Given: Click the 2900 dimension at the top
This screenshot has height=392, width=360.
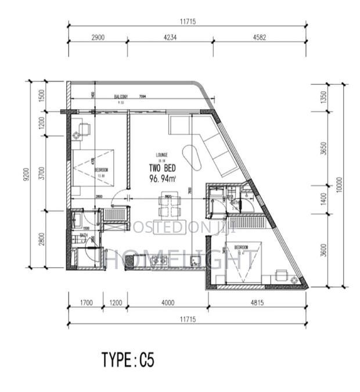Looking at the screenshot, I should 98,38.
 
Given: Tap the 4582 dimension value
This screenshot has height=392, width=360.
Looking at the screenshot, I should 260,38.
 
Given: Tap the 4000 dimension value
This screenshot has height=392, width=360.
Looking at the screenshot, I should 168,303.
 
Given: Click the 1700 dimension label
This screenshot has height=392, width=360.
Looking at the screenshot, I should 85,303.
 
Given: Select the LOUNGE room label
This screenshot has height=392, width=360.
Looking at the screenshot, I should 162,154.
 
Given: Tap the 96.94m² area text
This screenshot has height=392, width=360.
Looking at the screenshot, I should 162,179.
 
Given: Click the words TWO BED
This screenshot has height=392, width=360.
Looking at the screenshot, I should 162,168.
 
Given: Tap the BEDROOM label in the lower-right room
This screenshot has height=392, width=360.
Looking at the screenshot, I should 242,247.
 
